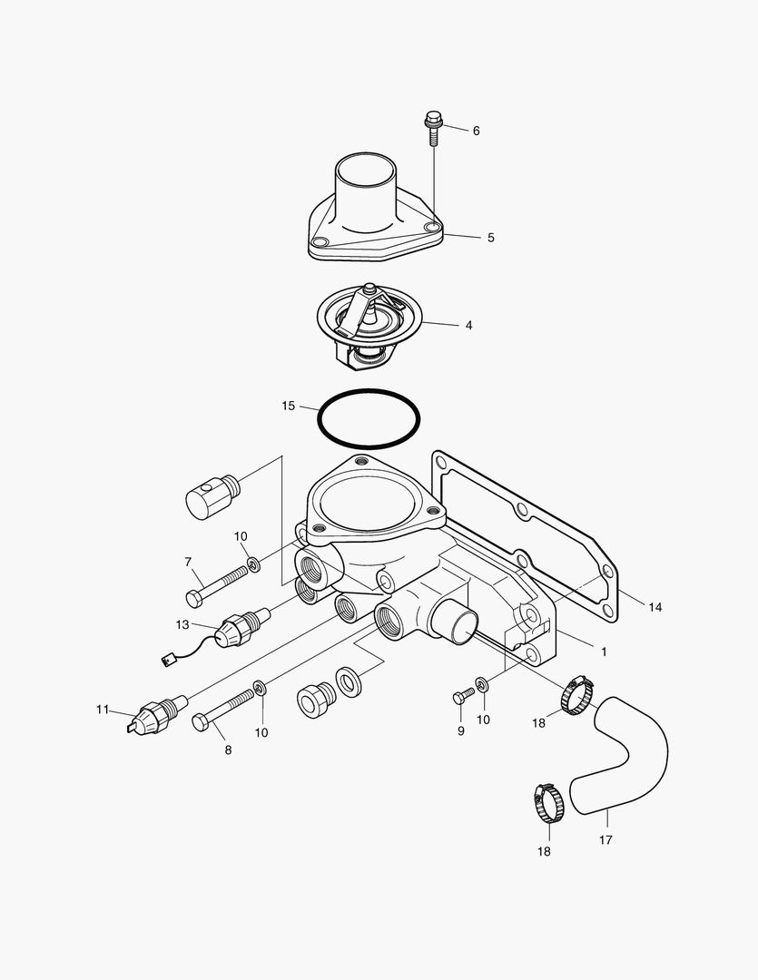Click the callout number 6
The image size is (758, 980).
pyautogui.click(x=476, y=131)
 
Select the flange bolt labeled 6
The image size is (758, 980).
pyautogui.click(x=433, y=128)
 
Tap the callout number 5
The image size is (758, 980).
pyautogui.click(x=491, y=238)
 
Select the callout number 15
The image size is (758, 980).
pyautogui.click(x=288, y=406)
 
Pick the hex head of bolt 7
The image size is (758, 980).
pyautogui.click(x=194, y=598)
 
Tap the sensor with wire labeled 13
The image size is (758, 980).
pyautogui.click(x=238, y=625)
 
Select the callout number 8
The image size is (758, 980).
pyautogui.click(x=228, y=750)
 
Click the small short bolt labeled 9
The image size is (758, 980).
pyautogui.click(x=462, y=696)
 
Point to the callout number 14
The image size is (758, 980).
pyautogui.click(x=655, y=606)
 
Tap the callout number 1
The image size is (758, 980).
pyautogui.click(x=604, y=651)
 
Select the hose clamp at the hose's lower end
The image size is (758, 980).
pyautogui.click(x=548, y=804)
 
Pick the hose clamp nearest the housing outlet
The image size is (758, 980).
pyautogui.click(x=576, y=697)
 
